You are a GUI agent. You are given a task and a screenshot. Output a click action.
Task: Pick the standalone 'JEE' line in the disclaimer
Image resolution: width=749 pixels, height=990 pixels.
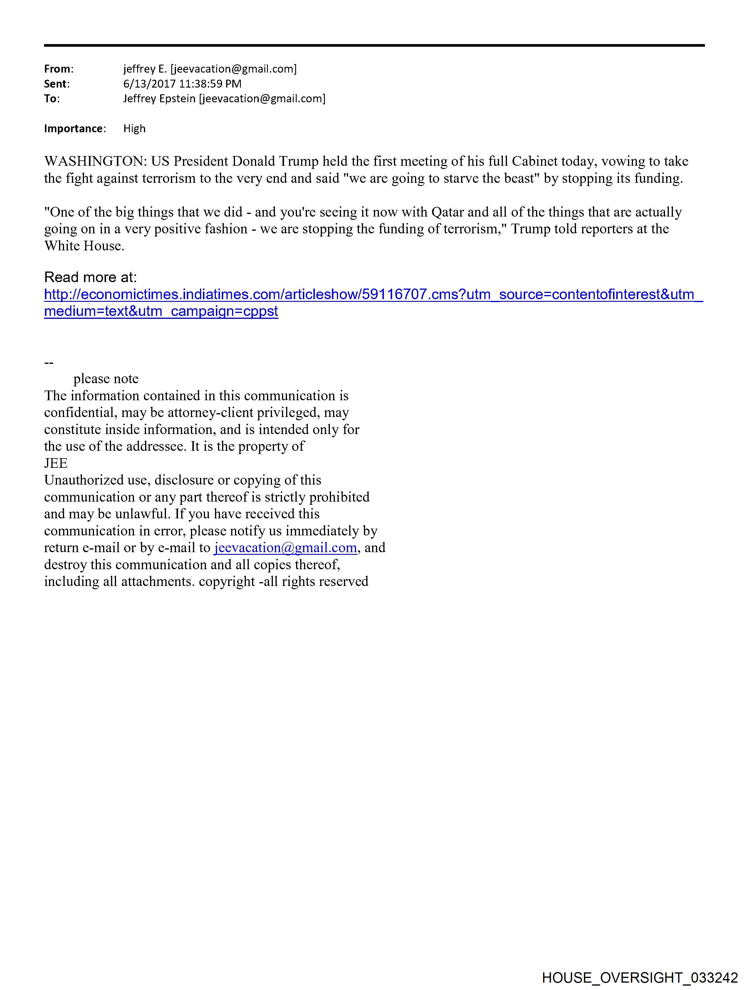[56, 463]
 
